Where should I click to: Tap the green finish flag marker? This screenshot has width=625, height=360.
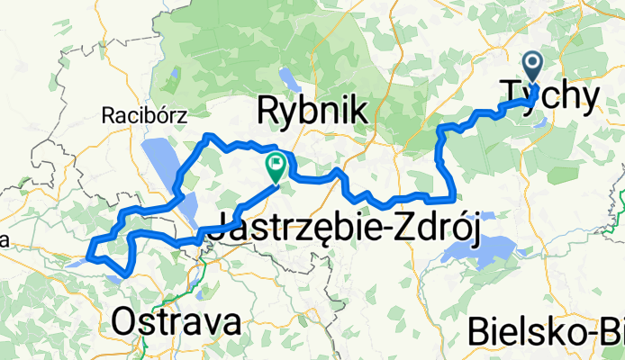276,166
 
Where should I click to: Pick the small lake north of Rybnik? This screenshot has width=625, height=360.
285,77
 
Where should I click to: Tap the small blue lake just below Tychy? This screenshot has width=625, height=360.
540,123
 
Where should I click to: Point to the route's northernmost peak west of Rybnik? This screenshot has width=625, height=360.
209,135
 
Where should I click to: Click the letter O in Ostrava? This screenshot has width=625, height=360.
123,322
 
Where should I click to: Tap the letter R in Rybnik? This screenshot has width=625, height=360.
268,111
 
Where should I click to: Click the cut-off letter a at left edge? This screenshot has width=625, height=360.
4,242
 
